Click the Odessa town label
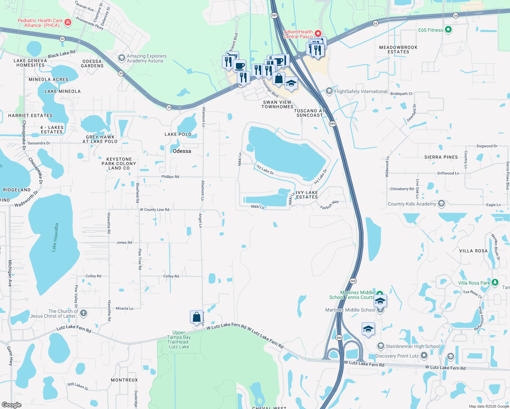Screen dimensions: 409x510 click(x=182, y=151)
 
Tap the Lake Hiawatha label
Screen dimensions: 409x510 click(x=55, y=237)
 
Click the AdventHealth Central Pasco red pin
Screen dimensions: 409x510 click(x=318, y=33)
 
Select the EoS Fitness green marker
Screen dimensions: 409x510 click(x=448, y=30)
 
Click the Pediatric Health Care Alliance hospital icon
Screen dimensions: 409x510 click(x=68, y=22)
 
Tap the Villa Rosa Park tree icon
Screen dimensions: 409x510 click(x=495, y=283)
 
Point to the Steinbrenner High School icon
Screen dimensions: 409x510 click(x=380, y=346)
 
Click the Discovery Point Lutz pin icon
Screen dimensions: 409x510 click(x=424, y=355)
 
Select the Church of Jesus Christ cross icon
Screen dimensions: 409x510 click(x=84, y=313)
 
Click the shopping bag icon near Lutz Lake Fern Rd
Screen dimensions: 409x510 click(x=197, y=317)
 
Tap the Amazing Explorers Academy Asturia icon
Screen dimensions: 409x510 click(x=121, y=58)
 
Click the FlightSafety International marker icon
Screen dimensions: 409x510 click(x=329, y=91)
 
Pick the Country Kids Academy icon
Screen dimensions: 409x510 click(x=441, y=204)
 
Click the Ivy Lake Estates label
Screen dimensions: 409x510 click(x=307, y=195)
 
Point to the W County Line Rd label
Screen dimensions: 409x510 click(x=154, y=210)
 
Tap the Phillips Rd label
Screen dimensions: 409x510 click(x=170, y=177)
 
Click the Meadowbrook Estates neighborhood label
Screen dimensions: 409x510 click(x=398, y=49)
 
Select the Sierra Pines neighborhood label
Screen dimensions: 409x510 click(x=441, y=157)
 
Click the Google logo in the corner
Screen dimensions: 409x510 click(x=12, y=405)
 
